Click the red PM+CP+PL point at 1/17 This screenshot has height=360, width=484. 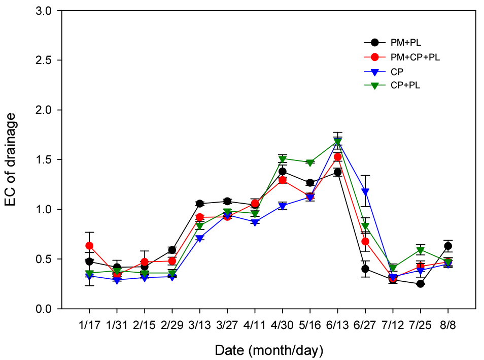tap(89, 246)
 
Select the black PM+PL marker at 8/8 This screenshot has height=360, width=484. tap(448, 246)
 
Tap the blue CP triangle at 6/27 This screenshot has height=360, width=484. tap(365, 192)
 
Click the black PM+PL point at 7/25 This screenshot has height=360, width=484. tap(420, 284)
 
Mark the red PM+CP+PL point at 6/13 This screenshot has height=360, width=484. tap(338, 157)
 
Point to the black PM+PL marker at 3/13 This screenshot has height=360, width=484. tap(200, 203)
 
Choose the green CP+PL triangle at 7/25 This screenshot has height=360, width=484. tap(420, 250)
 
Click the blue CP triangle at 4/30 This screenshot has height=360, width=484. tap(283, 207)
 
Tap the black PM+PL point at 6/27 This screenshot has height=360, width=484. tap(365, 269)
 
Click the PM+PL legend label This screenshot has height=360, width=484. tap(405, 43)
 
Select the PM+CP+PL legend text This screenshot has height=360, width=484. tap(415, 57)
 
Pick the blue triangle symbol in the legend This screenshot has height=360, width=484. tap(375, 73)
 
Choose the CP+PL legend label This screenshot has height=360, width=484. tap(405, 85)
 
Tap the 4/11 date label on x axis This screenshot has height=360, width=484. tap(255, 325)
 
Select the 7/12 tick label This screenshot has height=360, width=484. tap(393, 325)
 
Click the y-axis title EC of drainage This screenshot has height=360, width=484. tap(10, 159)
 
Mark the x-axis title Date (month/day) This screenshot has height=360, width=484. tap(269, 350)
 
